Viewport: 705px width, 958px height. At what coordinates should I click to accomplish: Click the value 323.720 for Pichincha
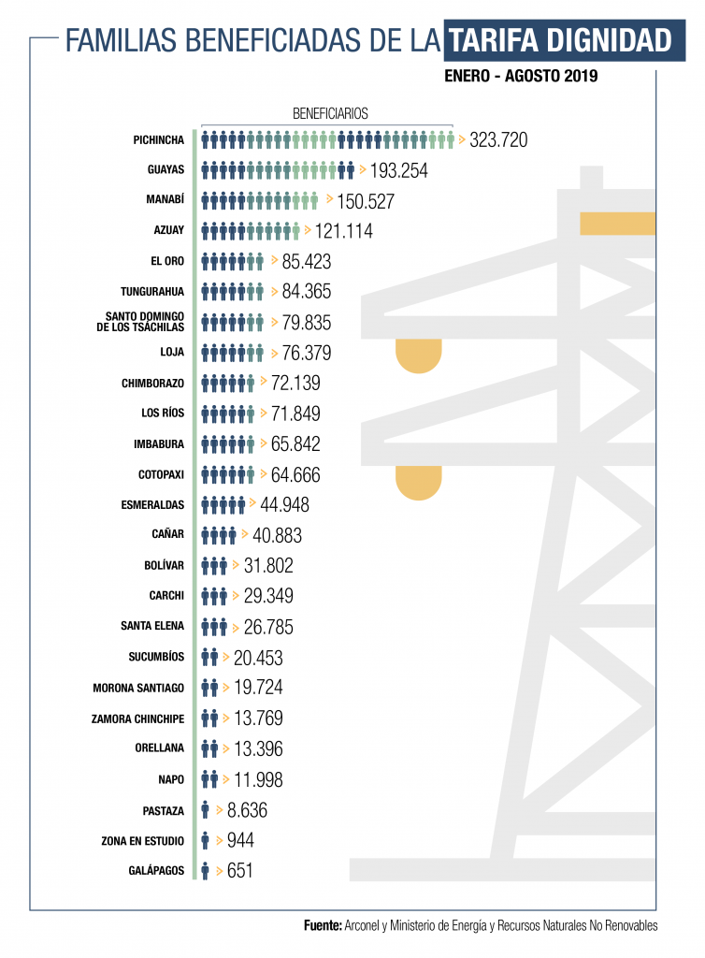click(499, 140)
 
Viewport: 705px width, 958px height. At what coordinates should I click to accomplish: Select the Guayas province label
click(165, 170)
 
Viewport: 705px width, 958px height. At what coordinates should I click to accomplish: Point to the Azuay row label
click(168, 231)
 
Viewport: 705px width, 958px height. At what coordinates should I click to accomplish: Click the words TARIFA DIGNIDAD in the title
click(560, 41)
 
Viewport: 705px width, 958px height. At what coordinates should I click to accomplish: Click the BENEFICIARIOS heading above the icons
click(330, 114)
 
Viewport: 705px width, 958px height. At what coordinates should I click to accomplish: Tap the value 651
click(240, 871)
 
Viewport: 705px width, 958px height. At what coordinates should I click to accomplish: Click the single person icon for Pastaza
click(205, 810)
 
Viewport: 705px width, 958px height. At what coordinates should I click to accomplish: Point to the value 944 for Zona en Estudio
click(240, 840)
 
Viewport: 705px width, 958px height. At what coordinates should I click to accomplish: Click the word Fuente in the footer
click(323, 925)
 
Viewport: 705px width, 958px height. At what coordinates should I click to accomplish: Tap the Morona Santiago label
click(138, 689)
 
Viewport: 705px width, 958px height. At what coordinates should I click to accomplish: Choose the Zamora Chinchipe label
click(138, 718)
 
